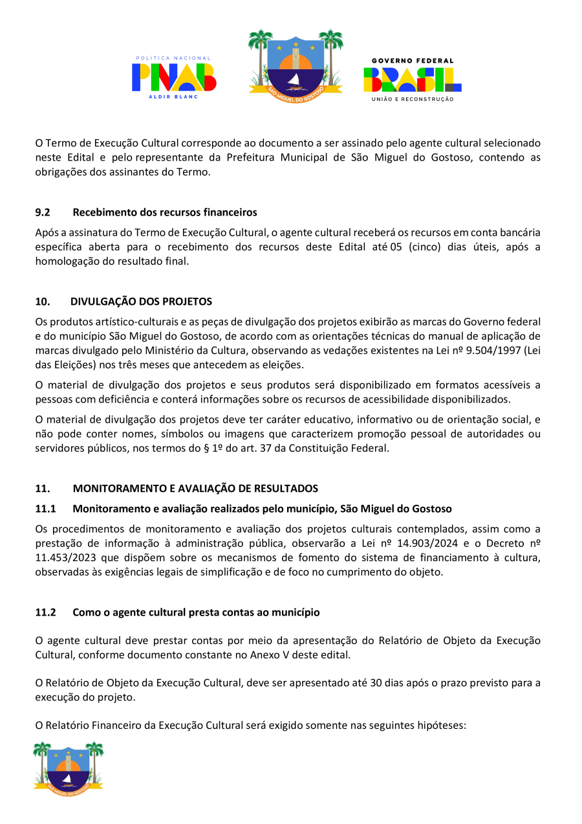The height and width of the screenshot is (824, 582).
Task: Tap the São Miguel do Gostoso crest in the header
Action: tap(296, 63)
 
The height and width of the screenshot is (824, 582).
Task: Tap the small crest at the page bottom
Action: tap(69, 768)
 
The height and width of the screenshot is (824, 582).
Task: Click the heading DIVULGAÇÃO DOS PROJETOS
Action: tap(141, 302)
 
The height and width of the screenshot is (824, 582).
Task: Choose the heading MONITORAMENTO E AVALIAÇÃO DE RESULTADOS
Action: tap(195, 488)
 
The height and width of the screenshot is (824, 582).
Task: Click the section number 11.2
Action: tap(45, 612)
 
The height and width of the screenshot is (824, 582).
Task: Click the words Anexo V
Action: tap(268, 654)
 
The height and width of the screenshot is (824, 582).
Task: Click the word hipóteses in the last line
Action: tap(438, 726)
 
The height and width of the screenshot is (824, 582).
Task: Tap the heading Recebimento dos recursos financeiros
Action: tap(165, 212)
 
